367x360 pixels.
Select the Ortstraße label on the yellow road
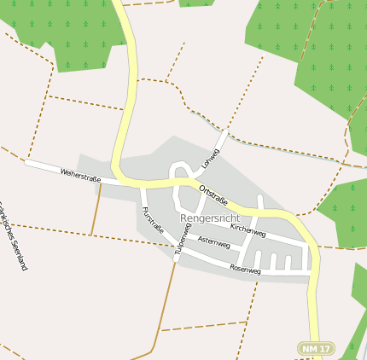[213, 194]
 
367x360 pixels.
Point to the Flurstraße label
[153, 220]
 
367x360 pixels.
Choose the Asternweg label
[213, 242]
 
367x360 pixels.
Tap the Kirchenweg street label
[248, 230]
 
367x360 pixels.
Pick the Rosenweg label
[245, 269]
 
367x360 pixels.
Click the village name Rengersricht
[210, 218]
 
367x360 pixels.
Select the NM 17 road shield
[316, 348]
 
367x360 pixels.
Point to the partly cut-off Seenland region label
[12, 235]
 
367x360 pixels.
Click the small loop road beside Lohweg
[180, 171]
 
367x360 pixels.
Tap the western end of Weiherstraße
[26, 161]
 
